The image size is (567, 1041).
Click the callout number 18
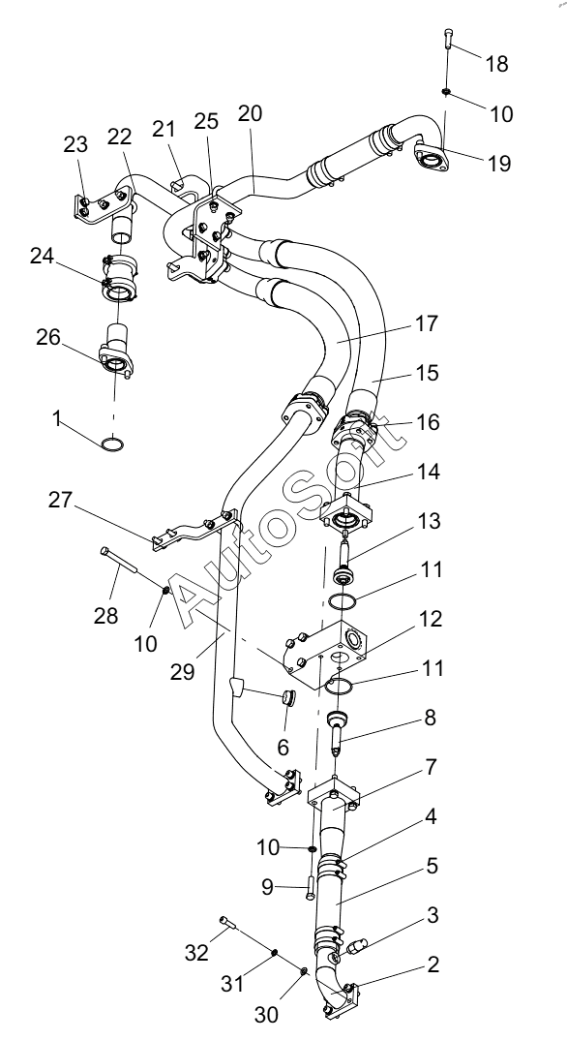pyautogui.click(x=496, y=64)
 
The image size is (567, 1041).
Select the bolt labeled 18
pyautogui.click(x=449, y=39)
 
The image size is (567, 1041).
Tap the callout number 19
pyautogui.click(x=498, y=164)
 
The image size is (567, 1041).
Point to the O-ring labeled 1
pyautogui.click(x=113, y=444)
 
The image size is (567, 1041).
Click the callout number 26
pyautogui.click(x=47, y=337)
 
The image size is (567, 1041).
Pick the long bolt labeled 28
pyautogui.click(x=119, y=560)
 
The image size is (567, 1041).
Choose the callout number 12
pyautogui.click(x=430, y=619)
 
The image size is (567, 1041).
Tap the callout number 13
pyautogui.click(x=429, y=521)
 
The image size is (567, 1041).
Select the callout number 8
pyautogui.click(x=431, y=718)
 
